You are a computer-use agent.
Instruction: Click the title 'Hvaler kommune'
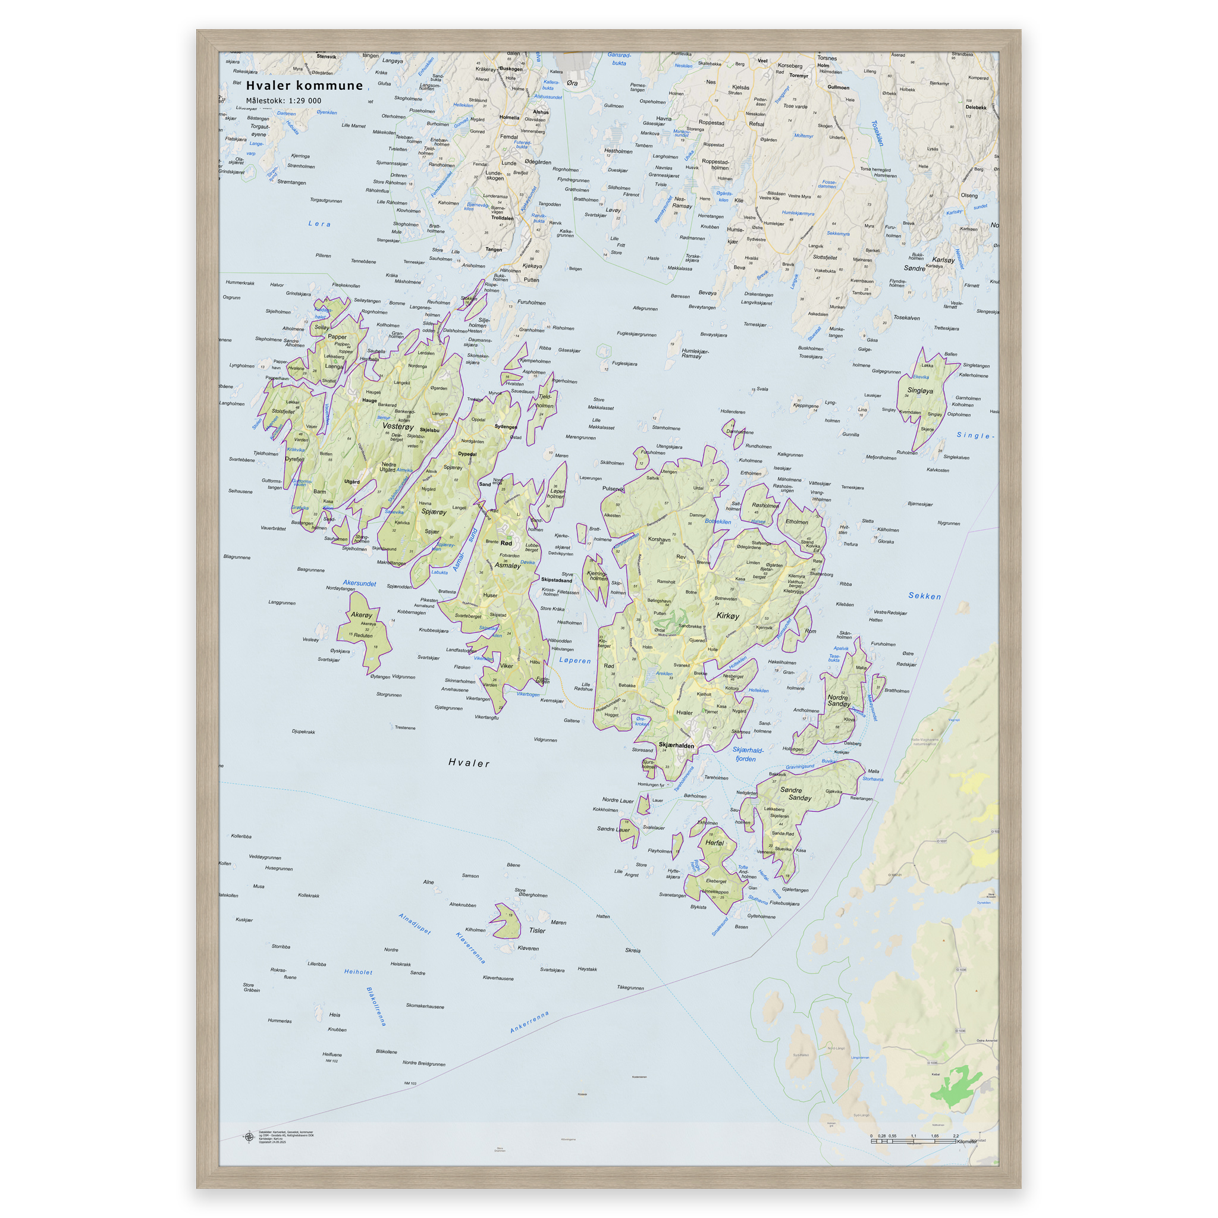304,86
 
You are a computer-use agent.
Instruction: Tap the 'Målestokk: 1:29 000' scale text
283,101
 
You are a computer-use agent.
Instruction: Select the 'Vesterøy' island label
398,427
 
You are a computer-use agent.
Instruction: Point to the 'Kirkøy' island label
727,616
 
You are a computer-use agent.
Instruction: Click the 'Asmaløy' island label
507,566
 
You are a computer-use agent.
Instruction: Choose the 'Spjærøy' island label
434,512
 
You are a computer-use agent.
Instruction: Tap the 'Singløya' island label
920,391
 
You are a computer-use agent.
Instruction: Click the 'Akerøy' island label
361,615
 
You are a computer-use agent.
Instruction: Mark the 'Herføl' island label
714,843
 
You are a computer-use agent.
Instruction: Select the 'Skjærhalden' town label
676,745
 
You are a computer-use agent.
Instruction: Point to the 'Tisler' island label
537,931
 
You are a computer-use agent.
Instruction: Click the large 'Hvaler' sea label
469,763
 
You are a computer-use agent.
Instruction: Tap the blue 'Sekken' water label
924,596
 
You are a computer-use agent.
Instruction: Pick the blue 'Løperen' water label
575,661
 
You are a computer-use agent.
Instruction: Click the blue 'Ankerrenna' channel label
529,1022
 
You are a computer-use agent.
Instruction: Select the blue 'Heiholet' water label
358,972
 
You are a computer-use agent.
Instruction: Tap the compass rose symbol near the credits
249,1137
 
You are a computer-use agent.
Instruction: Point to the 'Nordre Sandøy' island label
839,701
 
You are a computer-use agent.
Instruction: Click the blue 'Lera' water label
319,224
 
